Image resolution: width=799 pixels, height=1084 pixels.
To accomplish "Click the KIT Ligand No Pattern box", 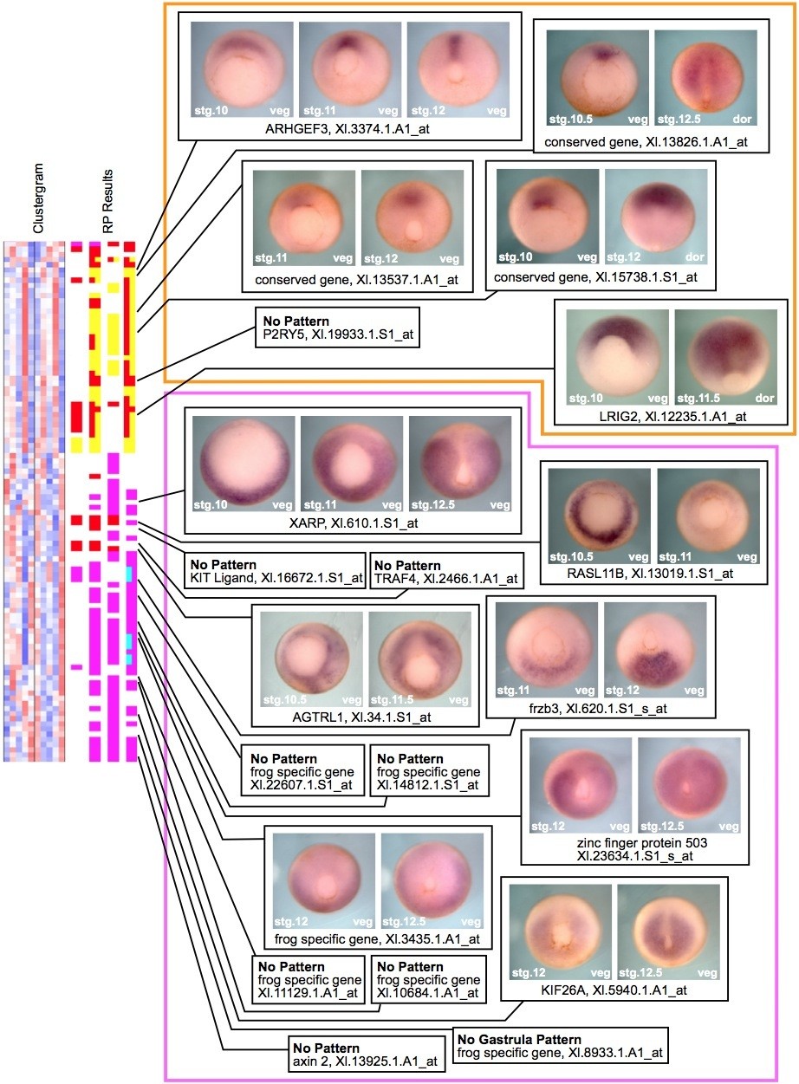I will (x=275, y=572).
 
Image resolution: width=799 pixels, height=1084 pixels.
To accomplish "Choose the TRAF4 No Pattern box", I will (x=446, y=572).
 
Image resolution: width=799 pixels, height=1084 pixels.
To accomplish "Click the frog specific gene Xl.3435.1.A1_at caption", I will (x=377, y=938).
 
